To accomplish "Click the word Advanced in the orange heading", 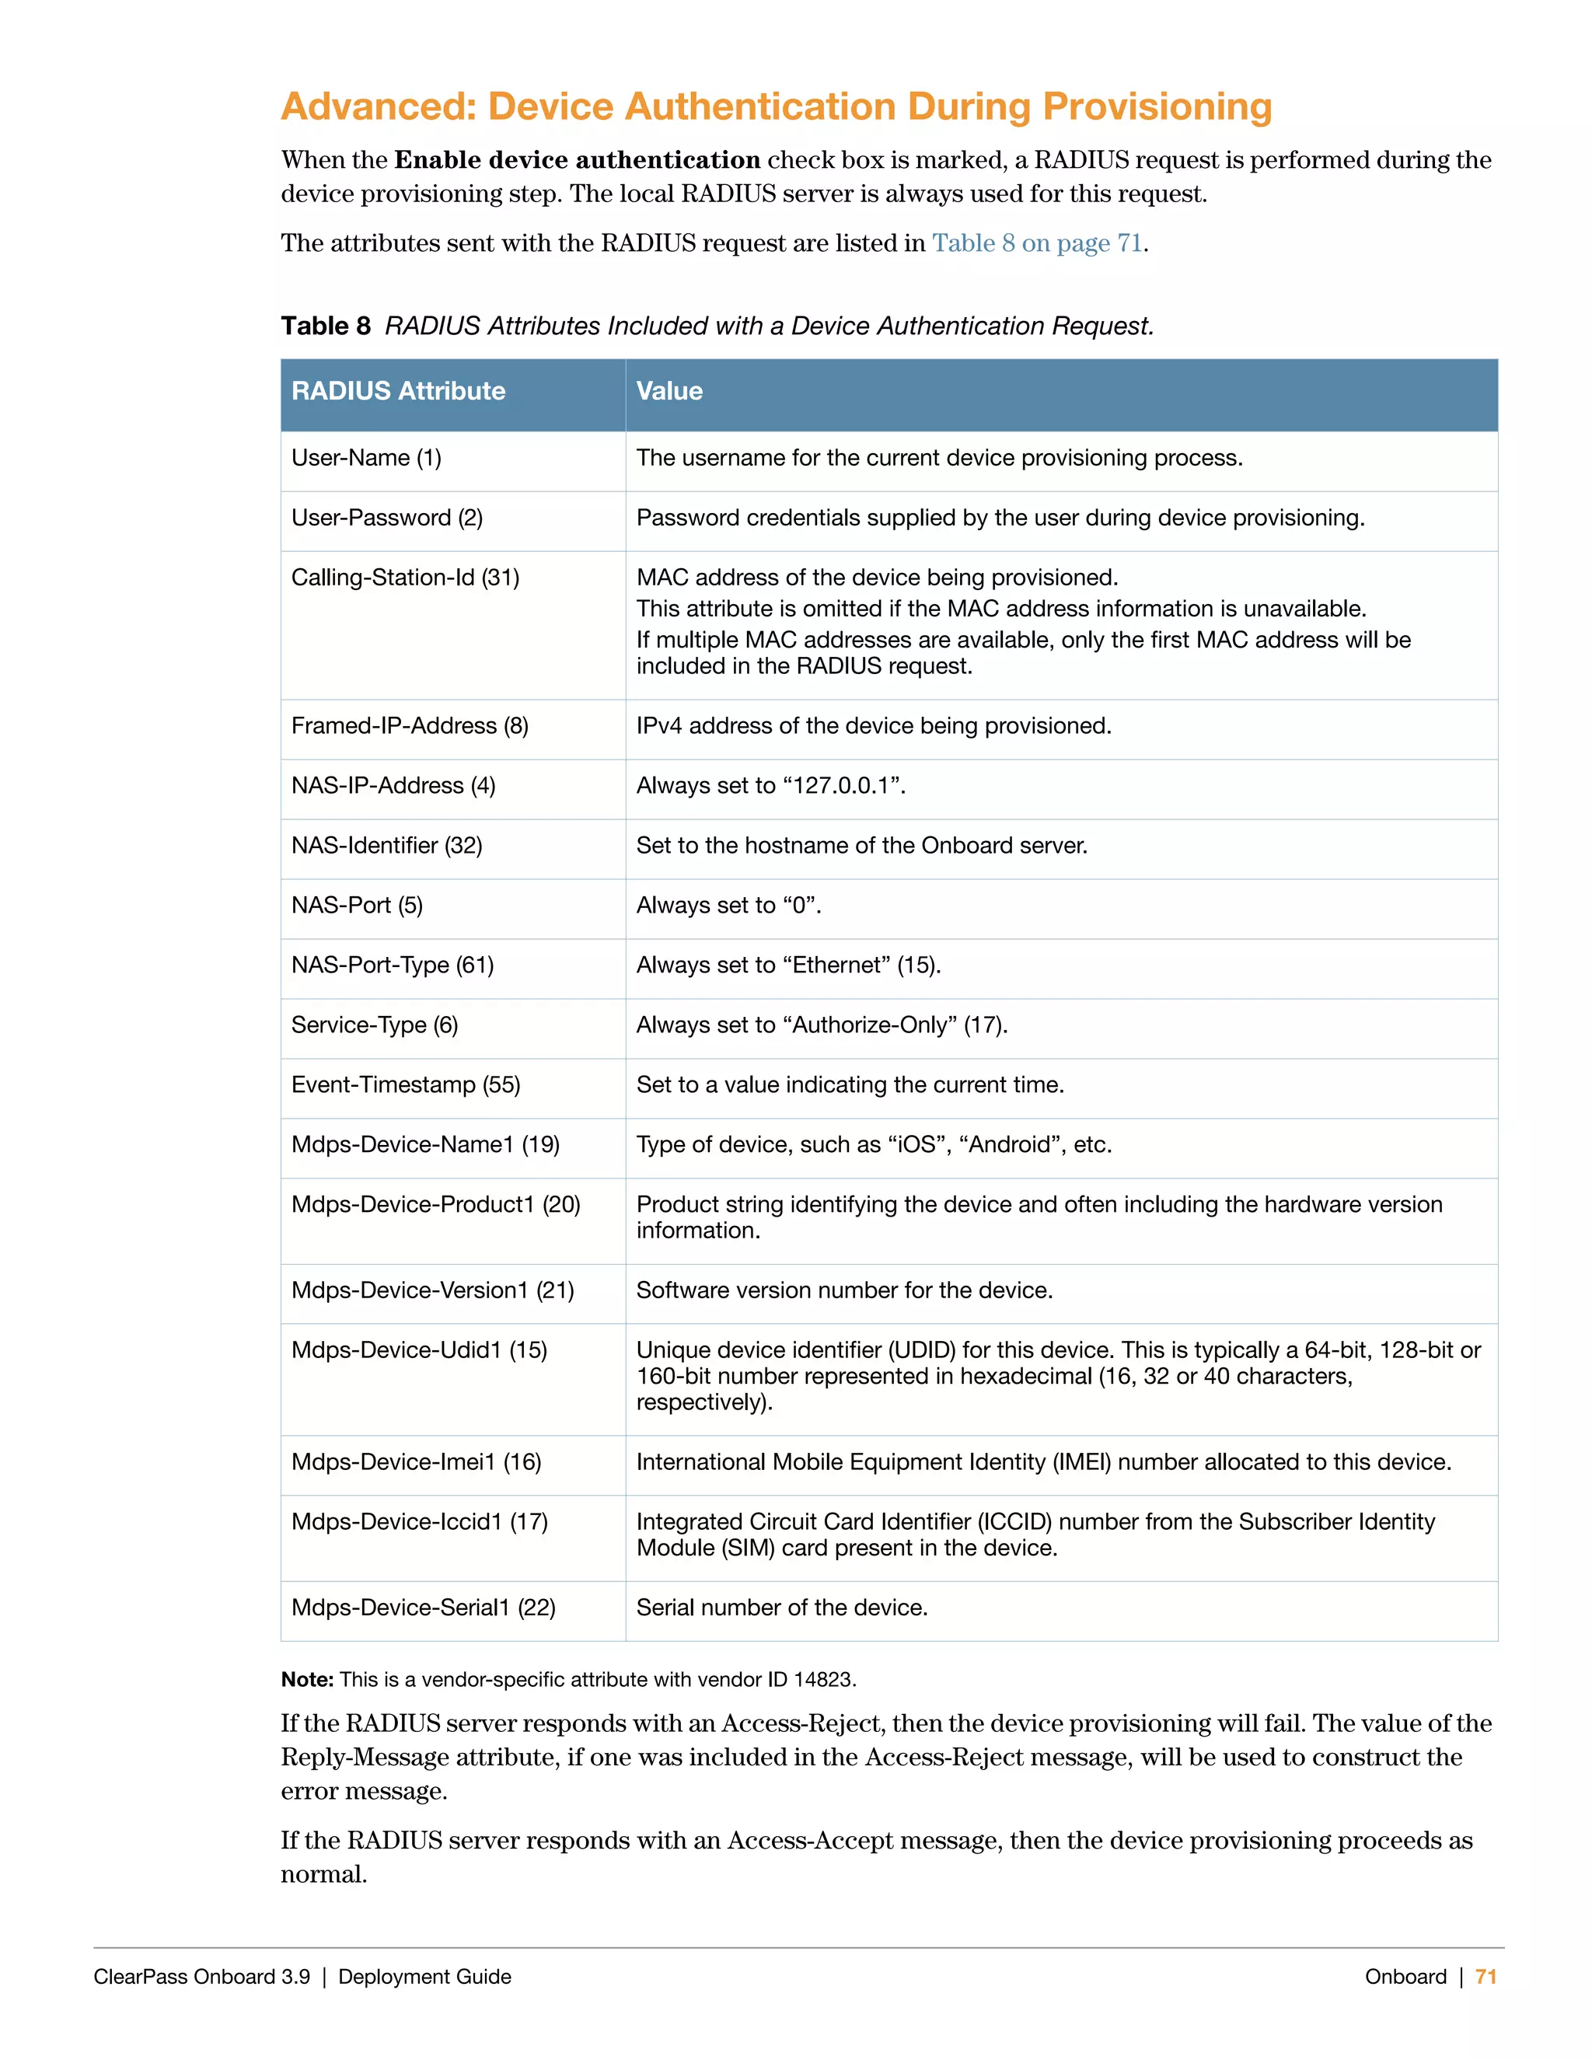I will coord(379,106).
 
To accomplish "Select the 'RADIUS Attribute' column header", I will coord(398,392).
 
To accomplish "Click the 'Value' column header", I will coord(669,392).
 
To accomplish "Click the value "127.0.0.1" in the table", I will coord(842,786).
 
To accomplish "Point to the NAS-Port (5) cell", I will coord(357,906).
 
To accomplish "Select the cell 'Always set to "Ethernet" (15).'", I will coord(788,965).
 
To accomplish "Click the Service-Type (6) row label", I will coord(375,1025).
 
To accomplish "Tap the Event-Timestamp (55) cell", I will coord(406,1084).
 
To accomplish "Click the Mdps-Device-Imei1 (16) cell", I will coord(416,1462).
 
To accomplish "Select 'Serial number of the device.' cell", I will coord(782,1608).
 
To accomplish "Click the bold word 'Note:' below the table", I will coord(308,1680).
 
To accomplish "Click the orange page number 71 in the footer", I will coord(1486,1977).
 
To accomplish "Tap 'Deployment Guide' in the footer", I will coord(424,1977).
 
